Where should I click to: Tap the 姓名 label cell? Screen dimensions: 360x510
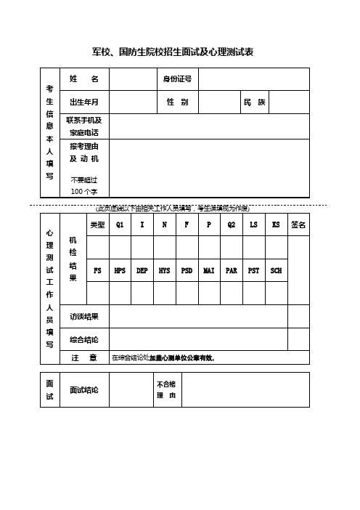(x=85, y=78)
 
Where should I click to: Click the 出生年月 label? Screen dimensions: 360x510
(x=85, y=102)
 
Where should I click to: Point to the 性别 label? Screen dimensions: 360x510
(x=177, y=102)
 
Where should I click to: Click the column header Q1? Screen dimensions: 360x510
(x=120, y=225)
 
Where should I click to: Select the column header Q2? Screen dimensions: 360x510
(x=232, y=225)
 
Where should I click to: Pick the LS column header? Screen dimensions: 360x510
(x=253, y=225)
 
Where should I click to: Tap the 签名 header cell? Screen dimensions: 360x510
(x=298, y=225)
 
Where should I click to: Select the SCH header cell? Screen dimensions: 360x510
(x=276, y=270)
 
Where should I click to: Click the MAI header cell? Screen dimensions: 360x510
(x=209, y=270)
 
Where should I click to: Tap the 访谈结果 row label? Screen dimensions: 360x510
(x=84, y=317)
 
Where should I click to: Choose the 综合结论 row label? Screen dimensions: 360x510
(x=84, y=340)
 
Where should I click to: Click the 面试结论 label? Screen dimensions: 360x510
(x=84, y=390)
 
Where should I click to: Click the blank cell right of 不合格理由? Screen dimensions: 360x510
(x=245, y=390)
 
